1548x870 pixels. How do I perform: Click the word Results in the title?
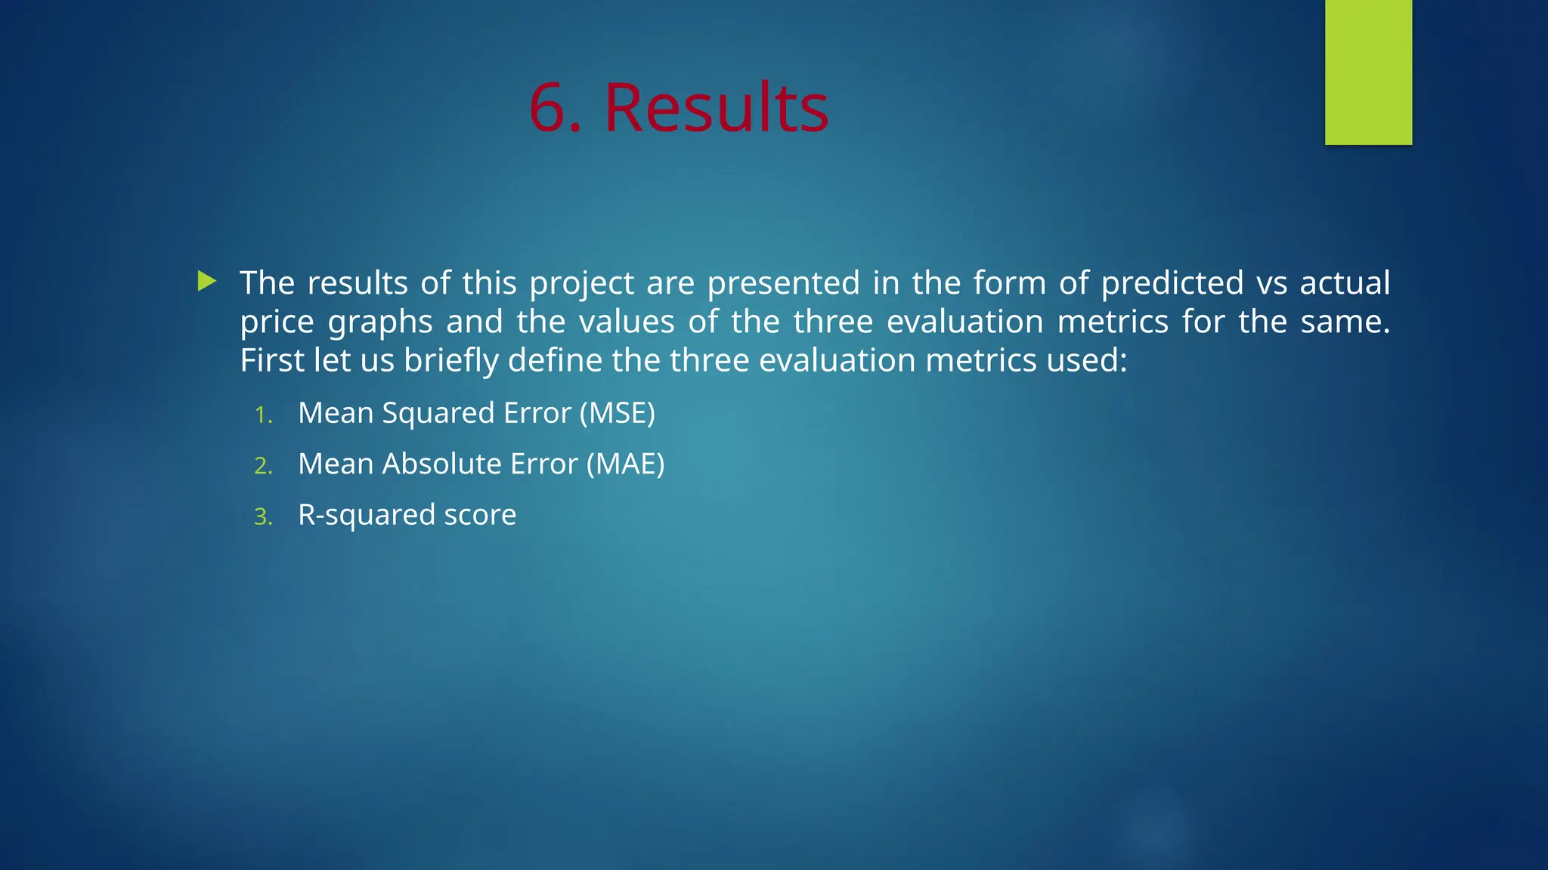tap(716, 108)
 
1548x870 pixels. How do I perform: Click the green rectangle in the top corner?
tap(1368, 72)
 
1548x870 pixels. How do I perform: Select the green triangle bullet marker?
tap(206, 282)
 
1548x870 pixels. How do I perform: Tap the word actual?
tap(1345, 283)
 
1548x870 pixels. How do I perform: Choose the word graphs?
tap(380, 322)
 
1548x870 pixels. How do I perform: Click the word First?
tap(271, 361)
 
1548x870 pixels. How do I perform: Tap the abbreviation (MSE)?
tap(618, 413)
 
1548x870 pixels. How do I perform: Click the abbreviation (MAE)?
tap(626, 464)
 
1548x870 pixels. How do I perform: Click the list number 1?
tap(262, 415)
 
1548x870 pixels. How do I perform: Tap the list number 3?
tap(262, 517)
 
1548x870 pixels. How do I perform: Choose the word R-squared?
tap(367, 515)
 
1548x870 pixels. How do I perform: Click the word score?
tap(480, 515)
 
